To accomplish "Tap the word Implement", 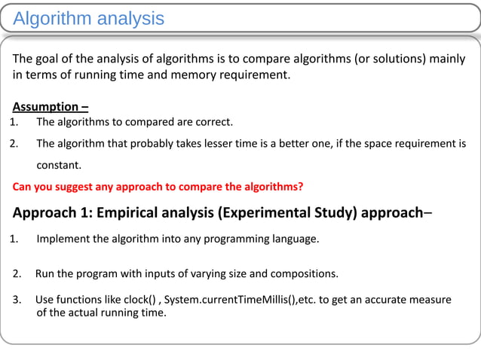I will click(63, 239).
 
